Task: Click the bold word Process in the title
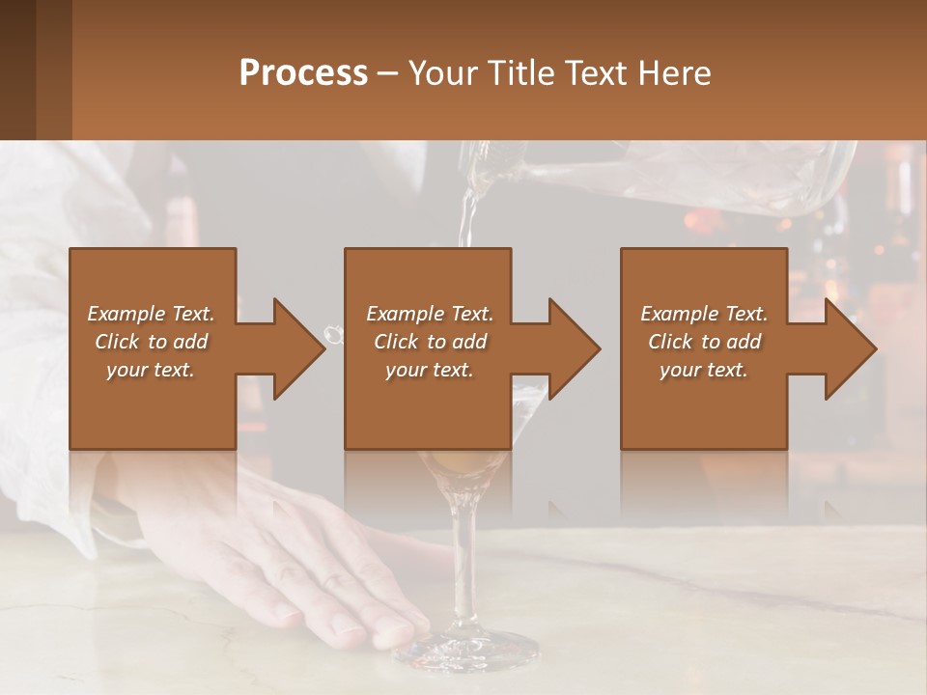pyautogui.click(x=303, y=72)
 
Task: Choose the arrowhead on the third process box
pyautogui.click(x=850, y=348)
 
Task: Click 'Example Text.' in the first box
pyautogui.click(x=151, y=314)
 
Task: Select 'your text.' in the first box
pyautogui.click(x=151, y=370)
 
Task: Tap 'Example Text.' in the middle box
pyautogui.click(x=430, y=314)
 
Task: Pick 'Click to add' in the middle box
pyautogui.click(x=430, y=342)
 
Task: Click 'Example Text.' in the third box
pyautogui.click(x=704, y=314)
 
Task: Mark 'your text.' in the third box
pyautogui.click(x=704, y=370)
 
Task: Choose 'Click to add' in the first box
pyautogui.click(x=151, y=342)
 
